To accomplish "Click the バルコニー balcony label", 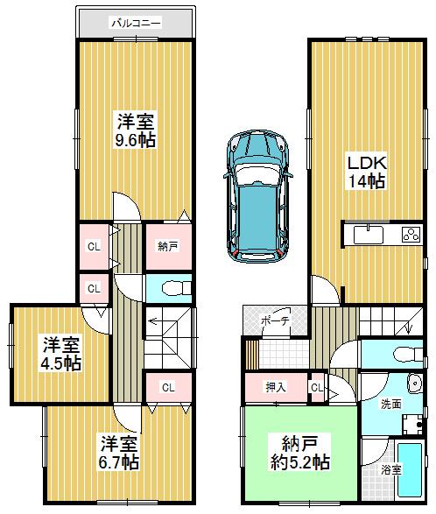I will click(x=135, y=24).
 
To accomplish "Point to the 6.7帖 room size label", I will click(x=117, y=461).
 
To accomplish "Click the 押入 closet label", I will click(x=276, y=386).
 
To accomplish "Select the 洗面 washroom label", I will click(x=390, y=405).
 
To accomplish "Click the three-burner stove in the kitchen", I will click(x=411, y=234).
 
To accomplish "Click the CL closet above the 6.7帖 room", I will click(x=169, y=386).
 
